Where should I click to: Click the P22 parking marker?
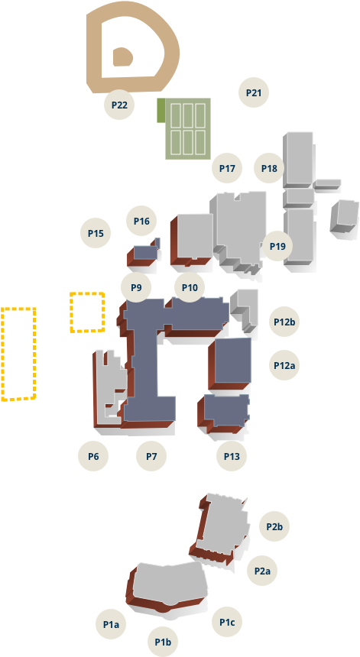pyautogui.click(x=119, y=105)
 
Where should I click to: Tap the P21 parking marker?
pyautogui.click(x=254, y=92)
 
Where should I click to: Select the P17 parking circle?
pyautogui.click(x=227, y=168)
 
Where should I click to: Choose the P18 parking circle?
pyautogui.click(x=269, y=168)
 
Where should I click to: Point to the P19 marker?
pyautogui.click(x=277, y=246)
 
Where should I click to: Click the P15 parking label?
pyautogui.click(x=96, y=233)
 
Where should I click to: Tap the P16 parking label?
pyautogui.click(x=141, y=221)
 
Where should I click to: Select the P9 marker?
pyautogui.click(x=136, y=287)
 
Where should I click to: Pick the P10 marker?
pyautogui.click(x=190, y=287)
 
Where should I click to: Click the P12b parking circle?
pyautogui.click(x=284, y=322)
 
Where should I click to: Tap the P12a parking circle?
pyautogui.click(x=284, y=365)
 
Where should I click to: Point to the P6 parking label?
pyautogui.click(x=93, y=456)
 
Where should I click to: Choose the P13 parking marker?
pyautogui.click(x=232, y=456)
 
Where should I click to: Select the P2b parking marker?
pyautogui.click(x=274, y=526)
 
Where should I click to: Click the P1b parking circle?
pyautogui.click(x=163, y=642)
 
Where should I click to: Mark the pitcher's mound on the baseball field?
pyautogui.click(x=122, y=57)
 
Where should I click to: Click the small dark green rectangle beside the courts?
pyautogui.click(x=161, y=111)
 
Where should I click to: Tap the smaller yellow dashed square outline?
pyautogui.click(x=87, y=312)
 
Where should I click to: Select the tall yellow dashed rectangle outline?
pyautogui.click(x=18, y=354)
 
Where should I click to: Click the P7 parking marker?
pyautogui.click(x=151, y=456)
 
